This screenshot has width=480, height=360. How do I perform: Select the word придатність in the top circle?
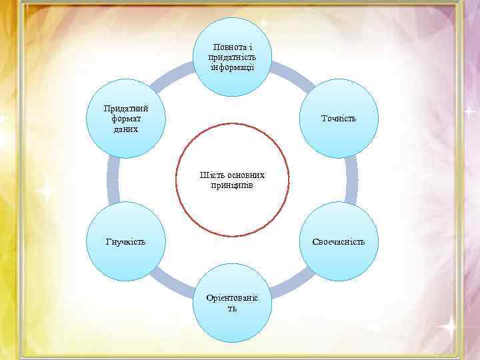coord(232,57)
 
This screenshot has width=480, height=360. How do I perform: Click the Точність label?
coord(338,118)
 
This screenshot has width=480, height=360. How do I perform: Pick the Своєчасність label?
coord(338,241)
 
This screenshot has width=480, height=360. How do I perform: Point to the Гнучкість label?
coord(126,241)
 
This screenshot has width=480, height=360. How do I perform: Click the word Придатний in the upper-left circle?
coord(126,109)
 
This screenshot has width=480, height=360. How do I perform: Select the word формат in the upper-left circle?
coord(126,118)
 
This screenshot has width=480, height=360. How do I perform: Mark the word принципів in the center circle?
coord(232,185)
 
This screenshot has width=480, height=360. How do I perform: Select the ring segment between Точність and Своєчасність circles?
coord(351,179)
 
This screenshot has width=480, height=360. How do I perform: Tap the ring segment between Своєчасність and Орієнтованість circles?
coord(293,285)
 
